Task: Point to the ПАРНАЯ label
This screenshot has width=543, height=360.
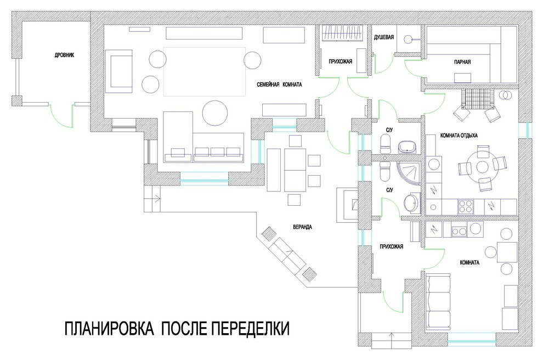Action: point(462,62)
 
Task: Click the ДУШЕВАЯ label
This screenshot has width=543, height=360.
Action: point(384,37)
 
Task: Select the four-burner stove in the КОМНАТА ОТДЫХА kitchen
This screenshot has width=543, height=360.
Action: point(466,206)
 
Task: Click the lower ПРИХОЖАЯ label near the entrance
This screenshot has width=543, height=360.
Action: point(391,247)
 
